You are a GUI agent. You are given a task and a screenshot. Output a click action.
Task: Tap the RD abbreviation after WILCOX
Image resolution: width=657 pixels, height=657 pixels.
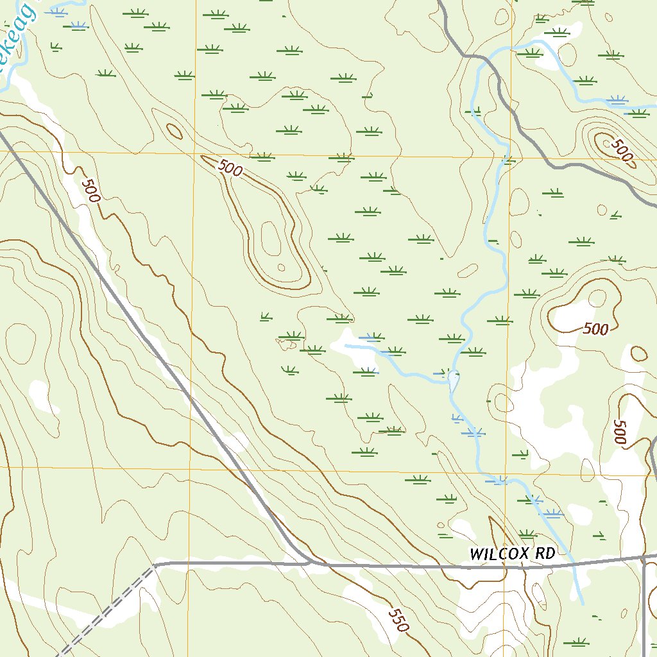click(544, 554)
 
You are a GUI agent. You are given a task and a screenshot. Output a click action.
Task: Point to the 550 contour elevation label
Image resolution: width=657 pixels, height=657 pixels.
click(398, 620)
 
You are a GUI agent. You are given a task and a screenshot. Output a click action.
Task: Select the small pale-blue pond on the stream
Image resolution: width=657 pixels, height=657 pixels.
click(454, 381)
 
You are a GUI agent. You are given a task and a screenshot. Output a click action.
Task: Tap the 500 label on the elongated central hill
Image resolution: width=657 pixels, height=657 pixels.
click(230, 169)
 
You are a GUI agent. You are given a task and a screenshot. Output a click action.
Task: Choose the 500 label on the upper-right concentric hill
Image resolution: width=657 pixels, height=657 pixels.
click(620, 149)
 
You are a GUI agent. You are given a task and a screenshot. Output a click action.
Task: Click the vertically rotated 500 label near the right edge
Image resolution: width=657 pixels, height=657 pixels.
click(619, 432)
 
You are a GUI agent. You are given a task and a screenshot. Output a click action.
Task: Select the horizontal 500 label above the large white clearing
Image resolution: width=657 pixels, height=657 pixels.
click(596, 329)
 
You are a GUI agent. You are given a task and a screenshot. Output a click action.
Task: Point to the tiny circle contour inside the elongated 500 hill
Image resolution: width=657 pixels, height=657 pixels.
click(280, 268)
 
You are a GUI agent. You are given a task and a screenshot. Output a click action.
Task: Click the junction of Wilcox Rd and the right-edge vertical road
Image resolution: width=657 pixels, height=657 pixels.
click(644, 556)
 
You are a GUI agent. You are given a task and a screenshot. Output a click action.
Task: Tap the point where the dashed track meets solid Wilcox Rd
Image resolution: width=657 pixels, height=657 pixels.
click(155, 565)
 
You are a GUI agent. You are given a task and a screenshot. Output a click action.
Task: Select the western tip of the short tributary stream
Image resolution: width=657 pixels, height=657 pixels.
click(346, 345)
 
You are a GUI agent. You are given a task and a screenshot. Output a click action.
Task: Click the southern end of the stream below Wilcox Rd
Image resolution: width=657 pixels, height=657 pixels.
click(583, 604)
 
